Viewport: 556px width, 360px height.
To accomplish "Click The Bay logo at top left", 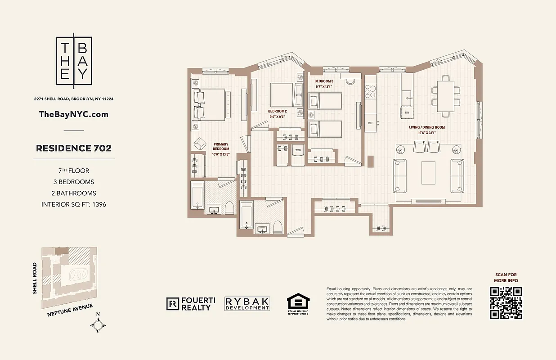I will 74,61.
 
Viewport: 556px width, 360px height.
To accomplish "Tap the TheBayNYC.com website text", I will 74,114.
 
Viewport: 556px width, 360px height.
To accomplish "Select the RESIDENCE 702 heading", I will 74,148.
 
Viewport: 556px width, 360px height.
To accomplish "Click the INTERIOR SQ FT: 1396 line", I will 74,204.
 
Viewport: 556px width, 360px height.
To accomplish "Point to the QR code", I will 506,303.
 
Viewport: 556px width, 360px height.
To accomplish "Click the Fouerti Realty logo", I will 189,304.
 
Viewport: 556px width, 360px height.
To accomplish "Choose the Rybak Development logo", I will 247,304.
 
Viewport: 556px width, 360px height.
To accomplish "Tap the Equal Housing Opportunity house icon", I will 298,302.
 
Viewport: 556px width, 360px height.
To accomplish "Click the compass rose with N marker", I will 98,325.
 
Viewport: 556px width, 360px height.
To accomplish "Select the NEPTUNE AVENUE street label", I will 70,311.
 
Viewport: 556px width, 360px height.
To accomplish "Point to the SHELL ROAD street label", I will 35,279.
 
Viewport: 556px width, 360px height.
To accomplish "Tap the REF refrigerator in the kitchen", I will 371,122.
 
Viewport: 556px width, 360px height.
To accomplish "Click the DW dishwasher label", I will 407,112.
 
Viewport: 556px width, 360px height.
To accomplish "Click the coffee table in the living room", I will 428,173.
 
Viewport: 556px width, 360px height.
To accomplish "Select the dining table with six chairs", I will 446,96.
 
